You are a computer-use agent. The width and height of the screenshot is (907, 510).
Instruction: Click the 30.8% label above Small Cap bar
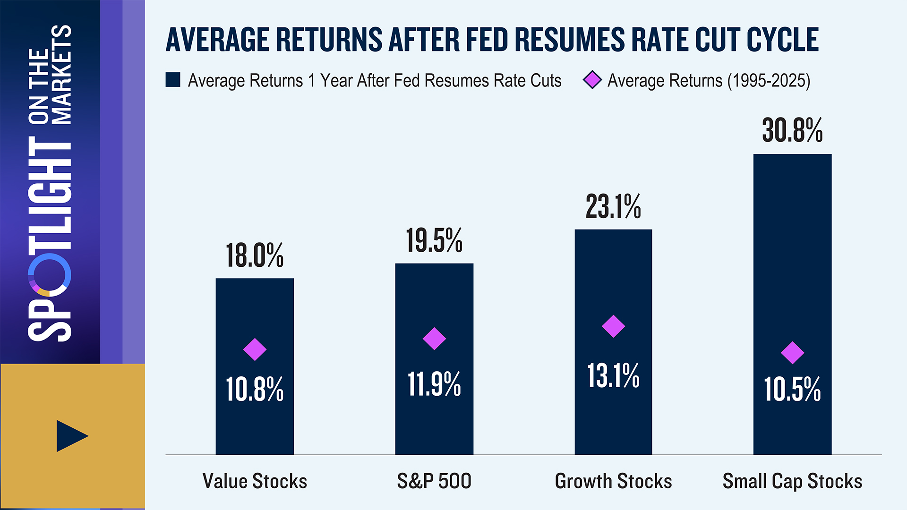coord(792,130)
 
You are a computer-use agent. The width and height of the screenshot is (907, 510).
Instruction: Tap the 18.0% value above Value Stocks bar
coord(255,255)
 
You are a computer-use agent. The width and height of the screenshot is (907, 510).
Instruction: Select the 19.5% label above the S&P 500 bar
coord(434,241)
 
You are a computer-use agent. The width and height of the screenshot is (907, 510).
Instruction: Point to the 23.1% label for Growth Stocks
coord(613,207)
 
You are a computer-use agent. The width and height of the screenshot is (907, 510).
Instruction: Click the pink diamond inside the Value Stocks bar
coord(255,349)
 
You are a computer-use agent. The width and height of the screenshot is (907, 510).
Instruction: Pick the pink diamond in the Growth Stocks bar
coord(613,326)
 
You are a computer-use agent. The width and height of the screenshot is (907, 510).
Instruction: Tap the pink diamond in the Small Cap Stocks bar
coord(792,353)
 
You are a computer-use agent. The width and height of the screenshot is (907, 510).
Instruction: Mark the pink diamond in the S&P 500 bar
coord(434,339)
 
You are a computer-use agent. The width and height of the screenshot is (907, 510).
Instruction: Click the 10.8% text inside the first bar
coord(255,390)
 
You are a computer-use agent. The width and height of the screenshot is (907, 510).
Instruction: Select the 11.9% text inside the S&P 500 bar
coord(434,384)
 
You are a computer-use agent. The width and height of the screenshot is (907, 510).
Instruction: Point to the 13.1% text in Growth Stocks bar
coord(613,376)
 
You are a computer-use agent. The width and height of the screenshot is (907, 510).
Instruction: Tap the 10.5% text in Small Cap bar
coord(792,390)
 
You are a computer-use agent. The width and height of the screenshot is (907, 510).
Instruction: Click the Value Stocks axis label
coord(255,481)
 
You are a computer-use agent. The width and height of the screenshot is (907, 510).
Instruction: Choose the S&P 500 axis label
coord(434,481)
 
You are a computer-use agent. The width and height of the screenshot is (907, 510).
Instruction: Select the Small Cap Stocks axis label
coord(792,481)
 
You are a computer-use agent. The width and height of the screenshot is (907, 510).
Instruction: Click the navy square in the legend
coord(173,80)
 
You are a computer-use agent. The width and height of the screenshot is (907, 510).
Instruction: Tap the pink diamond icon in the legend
coord(592,80)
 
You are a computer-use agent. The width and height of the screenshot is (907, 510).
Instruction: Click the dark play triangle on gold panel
coord(71,436)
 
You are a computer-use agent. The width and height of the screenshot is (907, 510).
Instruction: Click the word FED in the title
coord(487,40)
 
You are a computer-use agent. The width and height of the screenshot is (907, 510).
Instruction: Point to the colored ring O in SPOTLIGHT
coord(50,275)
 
